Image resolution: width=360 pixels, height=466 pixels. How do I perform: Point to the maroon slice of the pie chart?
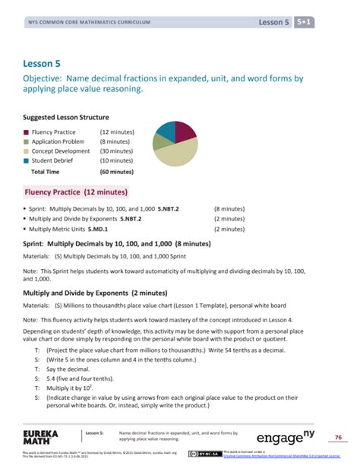[x=185, y=131]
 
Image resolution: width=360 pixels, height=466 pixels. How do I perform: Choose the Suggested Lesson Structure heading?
[x=66, y=118]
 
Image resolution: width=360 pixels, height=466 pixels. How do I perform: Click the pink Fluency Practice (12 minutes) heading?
[x=76, y=192]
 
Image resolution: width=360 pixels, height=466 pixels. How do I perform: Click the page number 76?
[x=339, y=436]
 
